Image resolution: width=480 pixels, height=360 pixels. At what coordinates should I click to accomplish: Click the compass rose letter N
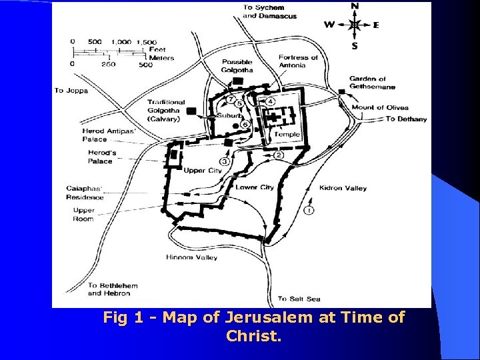[354, 7]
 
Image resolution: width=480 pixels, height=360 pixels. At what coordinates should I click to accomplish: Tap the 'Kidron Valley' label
[343, 188]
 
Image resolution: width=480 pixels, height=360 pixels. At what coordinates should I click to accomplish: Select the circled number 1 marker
[309, 210]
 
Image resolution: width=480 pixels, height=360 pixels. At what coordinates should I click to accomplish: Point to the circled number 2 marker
[279, 155]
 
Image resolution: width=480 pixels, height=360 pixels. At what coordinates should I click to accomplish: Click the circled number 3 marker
[224, 162]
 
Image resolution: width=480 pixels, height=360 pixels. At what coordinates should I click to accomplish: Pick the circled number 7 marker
[231, 100]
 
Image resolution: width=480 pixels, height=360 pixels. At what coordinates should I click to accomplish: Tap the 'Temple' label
[287, 135]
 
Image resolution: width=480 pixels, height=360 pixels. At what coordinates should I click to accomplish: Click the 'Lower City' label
[255, 187]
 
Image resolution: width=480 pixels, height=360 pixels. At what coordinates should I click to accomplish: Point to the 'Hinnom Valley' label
[191, 257]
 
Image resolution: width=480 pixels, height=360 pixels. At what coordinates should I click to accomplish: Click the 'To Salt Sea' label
[299, 299]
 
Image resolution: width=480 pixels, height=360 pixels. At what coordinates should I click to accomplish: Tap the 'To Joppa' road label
[71, 91]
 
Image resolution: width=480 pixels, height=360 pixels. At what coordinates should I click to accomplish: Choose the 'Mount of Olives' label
[380, 107]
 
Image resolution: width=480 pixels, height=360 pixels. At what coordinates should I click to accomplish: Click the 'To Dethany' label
[407, 119]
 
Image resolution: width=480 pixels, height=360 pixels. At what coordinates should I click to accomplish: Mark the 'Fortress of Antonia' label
[298, 61]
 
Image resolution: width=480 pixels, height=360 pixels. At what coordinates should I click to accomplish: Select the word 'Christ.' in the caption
[253, 336]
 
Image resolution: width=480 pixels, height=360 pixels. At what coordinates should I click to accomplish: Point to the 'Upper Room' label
[83, 215]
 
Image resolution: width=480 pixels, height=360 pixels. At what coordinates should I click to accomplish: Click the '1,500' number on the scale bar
[146, 42]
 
